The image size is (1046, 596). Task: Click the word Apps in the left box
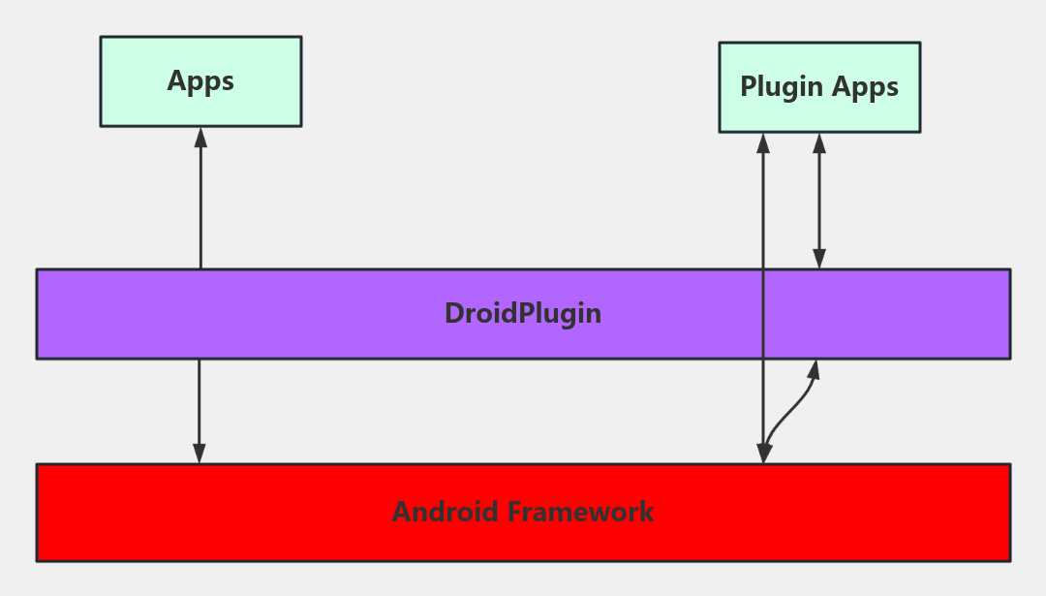[x=200, y=80]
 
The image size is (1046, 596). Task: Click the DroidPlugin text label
[x=523, y=314]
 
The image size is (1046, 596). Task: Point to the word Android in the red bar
[x=445, y=512]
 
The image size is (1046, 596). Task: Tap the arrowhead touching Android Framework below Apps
[x=200, y=455]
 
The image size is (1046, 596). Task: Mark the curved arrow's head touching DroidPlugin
[x=815, y=368]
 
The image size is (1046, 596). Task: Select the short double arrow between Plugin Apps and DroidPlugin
[x=819, y=201]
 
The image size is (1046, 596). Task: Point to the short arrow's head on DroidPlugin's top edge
[x=819, y=260]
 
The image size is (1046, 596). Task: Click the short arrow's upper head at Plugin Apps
[x=819, y=141]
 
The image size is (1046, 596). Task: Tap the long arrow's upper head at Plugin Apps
[x=763, y=141]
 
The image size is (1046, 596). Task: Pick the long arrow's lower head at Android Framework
[x=763, y=455]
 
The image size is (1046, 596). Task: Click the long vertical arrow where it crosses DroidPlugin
[x=763, y=314]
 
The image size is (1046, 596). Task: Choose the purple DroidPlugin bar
[x=291, y=314]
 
